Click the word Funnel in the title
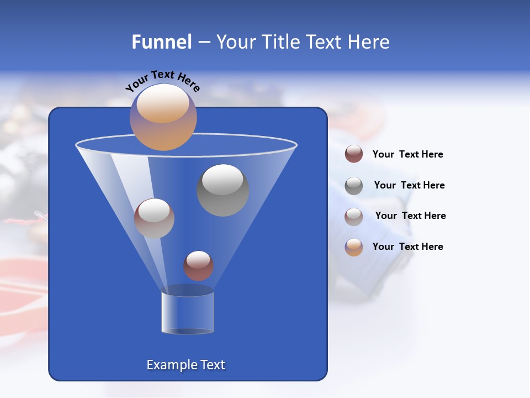(161, 42)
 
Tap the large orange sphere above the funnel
(163, 117)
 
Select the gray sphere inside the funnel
(222, 190)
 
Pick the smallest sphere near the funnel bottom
(198, 266)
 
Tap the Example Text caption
(185, 365)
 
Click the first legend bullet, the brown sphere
(354, 154)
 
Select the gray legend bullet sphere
(354, 186)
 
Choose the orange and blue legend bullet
(354, 247)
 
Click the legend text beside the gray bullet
(409, 185)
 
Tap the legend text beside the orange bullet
(407, 247)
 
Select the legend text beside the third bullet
(410, 216)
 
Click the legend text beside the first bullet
(407, 154)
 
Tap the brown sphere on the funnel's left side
(154, 218)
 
